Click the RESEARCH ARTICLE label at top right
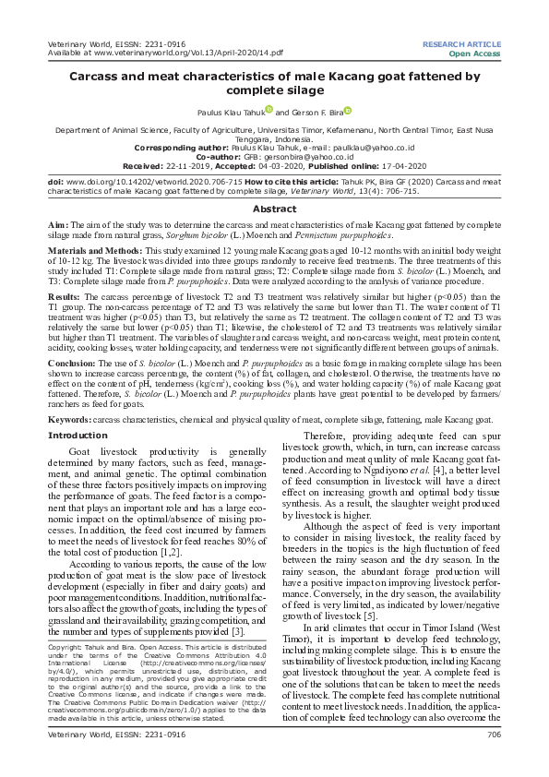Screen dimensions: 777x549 [x=462, y=44]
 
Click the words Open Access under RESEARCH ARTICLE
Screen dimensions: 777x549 [x=475, y=54]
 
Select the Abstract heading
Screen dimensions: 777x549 [x=274, y=209]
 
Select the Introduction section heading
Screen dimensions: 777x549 [x=77, y=435]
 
